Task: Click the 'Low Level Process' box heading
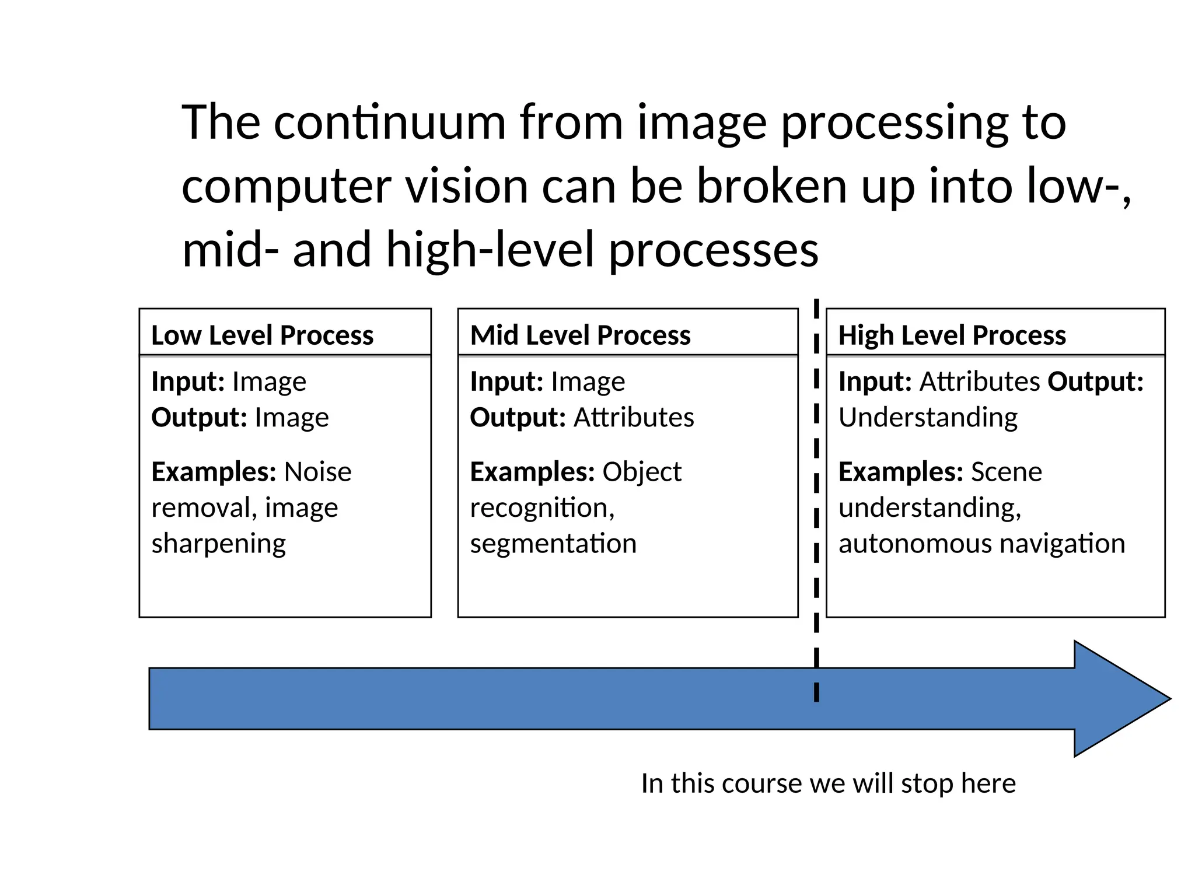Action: point(262,335)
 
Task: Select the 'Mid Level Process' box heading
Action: point(580,335)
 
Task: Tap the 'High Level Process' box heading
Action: point(952,335)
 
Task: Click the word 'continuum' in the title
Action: point(389,123)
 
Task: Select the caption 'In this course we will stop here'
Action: point(828,783)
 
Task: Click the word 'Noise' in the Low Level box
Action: point(317,471)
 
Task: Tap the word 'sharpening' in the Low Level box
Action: point(219,544)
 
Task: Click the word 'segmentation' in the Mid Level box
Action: point(553,544)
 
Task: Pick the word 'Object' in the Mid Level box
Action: point(641,471)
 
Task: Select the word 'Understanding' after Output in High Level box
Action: point(928,418)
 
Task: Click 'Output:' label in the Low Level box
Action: point(200,418)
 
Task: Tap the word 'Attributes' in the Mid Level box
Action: point(634,418)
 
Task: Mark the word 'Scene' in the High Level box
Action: point(1006,471)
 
